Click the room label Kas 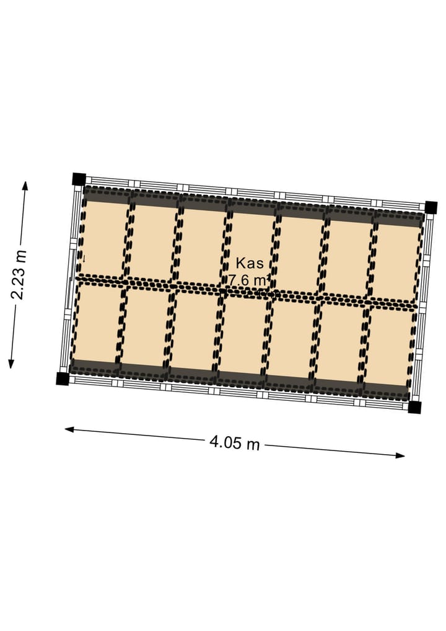(x=250, y=263)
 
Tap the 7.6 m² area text (x=248, y=279)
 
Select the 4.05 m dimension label (x=235, y=443)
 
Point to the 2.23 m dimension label (x=19, y=275)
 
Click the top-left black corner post (x=79, y=179)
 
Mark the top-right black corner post (x=431, y=207)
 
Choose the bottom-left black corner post (x=63, y=378)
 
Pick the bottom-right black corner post (x=414, y=407)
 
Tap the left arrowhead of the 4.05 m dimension (x=69, y=429)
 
